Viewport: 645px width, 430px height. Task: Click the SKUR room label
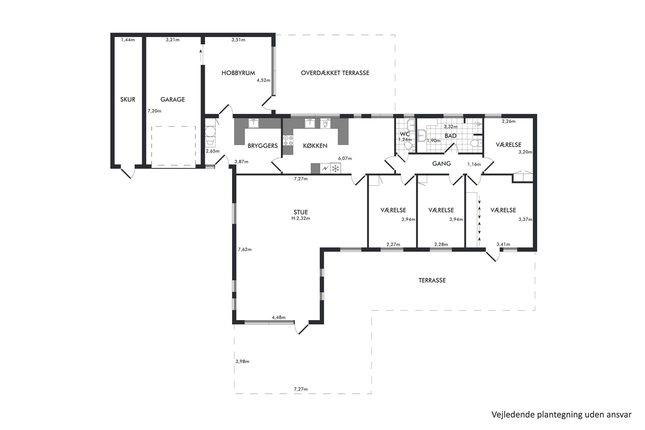pos(128,99)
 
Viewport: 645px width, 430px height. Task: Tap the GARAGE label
pos(173,99)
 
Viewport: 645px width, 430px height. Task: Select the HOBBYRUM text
pos(238,73)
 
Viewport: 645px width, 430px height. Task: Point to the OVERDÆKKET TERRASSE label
pos(335,73)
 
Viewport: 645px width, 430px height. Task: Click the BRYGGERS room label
pos(263,146)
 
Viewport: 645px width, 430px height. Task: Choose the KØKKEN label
pos(315,146)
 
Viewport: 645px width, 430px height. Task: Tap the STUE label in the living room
pos(301,213)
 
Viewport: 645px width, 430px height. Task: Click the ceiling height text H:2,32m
pos(301,218)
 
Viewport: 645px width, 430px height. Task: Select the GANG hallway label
pos(441,163)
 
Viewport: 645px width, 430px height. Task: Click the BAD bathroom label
pos(451,136)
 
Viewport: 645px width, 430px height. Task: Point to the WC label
pos(405,134)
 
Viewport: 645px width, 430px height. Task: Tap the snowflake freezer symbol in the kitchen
pos(336,168)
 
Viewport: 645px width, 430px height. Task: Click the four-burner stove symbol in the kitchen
pos(288,140)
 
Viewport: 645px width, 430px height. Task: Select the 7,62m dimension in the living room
pos(245,250)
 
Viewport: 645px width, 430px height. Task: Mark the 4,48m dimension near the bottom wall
pos(279,317)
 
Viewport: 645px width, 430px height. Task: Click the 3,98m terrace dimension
pos(243,361)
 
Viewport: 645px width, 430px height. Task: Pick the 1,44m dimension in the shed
pos(128,40)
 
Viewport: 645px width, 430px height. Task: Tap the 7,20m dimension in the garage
pos(154,111)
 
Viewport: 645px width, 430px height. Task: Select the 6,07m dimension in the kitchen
pos(345,159)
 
